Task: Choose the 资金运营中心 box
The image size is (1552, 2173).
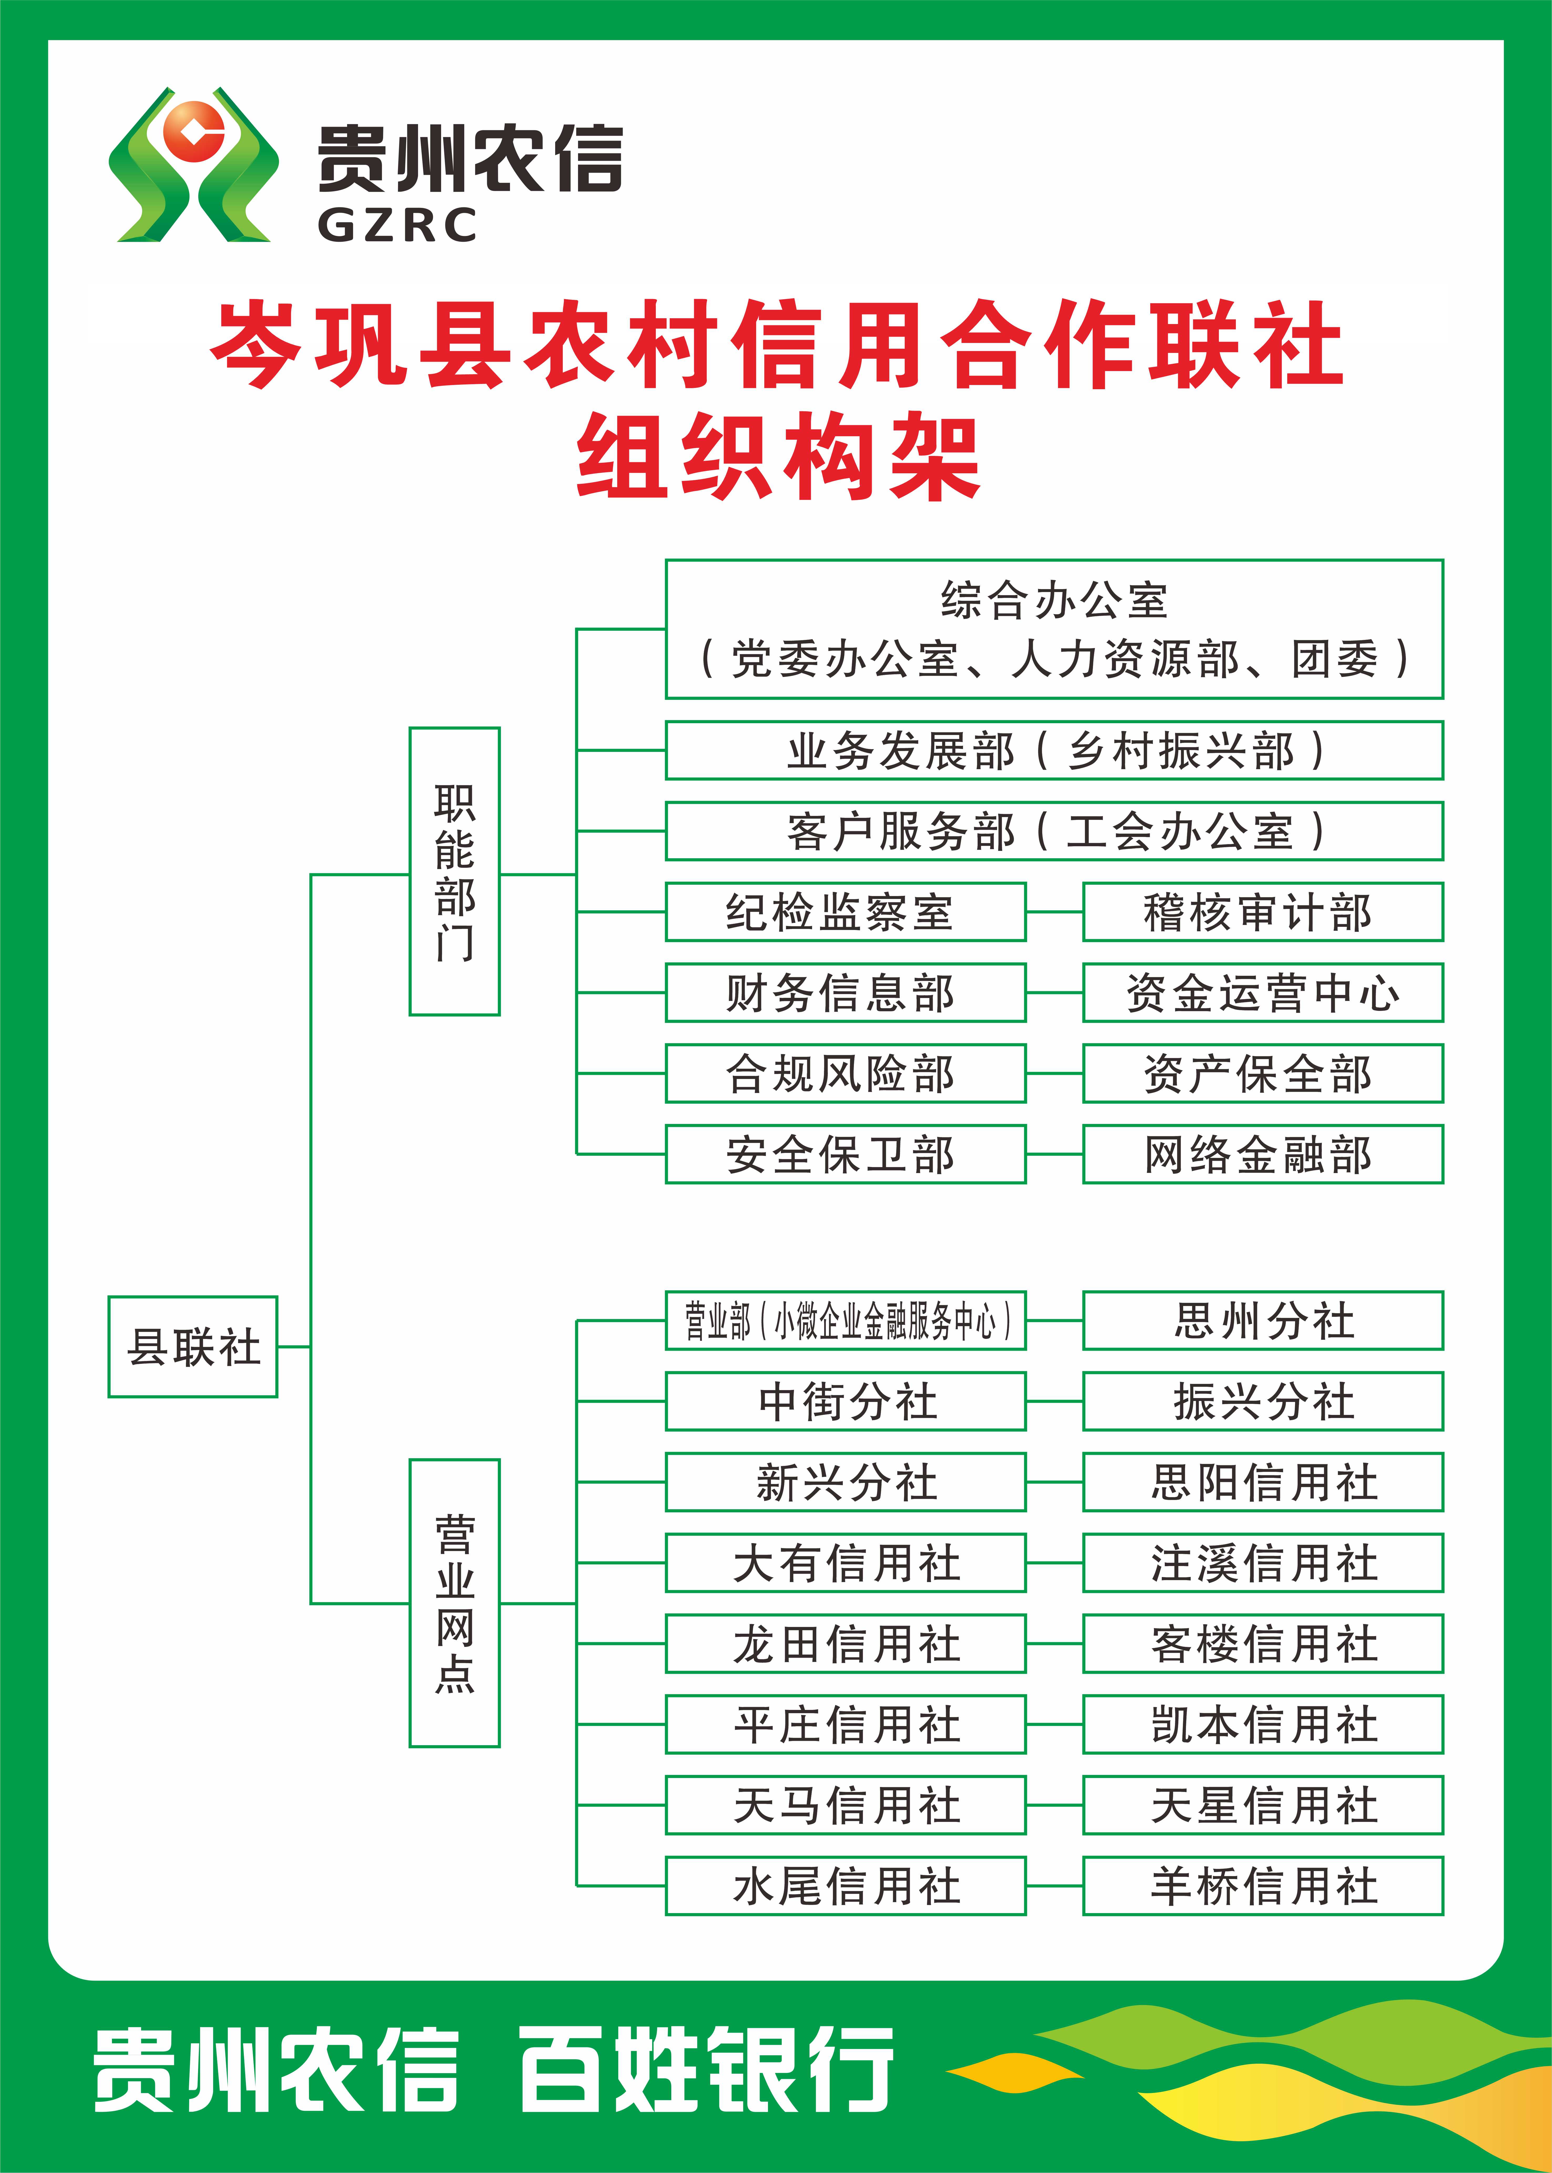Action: pyautogui.click(x=1262, y=993)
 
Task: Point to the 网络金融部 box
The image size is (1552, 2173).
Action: pyautogui.click(x=1262, y=1154)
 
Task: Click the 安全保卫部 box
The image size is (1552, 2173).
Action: pyautogui.click(x=846, y=1154)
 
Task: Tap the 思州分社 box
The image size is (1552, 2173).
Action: pyautogui.click(x=1262, y=1321)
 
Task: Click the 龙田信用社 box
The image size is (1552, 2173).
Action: pyautogui.click(x=846, y=1643)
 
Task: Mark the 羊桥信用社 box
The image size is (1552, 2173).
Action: pyautogui.click(x=1262, y=1885)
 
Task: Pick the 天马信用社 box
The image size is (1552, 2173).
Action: pyautogui.click(x=846, y=1805)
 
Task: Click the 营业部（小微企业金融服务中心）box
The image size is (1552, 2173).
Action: pyautogui.click(x=846, y=1321)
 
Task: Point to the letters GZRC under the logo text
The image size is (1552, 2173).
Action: pyautogui.click(x=396, y=225)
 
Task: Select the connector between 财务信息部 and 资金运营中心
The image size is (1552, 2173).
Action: pyautogui.click(x=1054, y=993)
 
